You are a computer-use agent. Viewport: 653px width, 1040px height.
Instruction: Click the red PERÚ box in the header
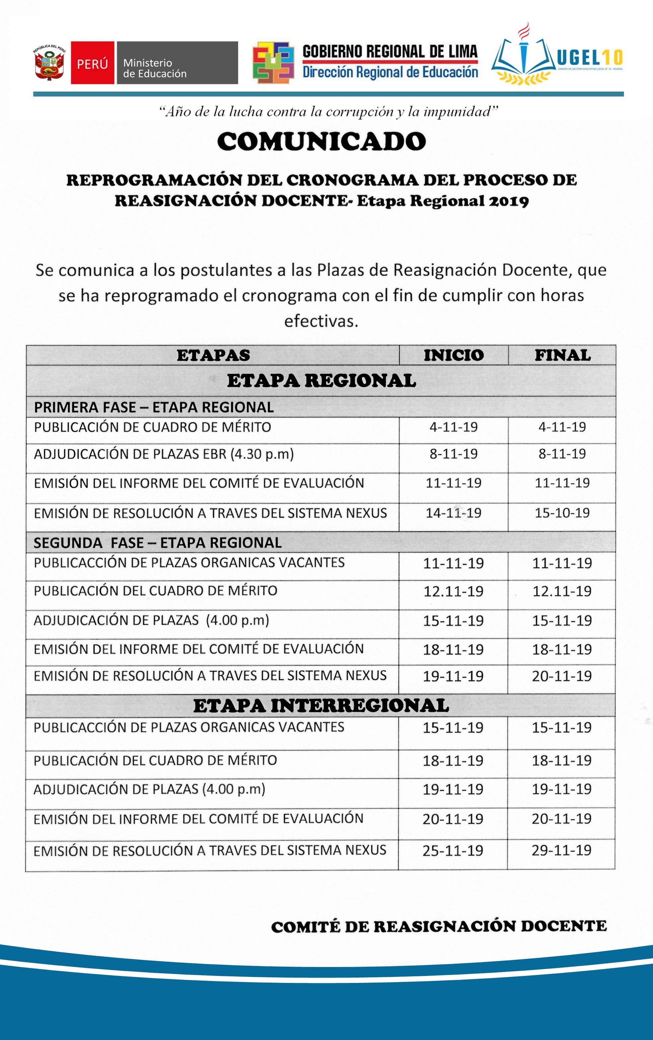coord(92,63)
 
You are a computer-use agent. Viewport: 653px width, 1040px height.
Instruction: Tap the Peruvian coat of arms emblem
coord(49,63)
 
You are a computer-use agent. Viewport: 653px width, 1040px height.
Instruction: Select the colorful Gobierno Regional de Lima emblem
coord(273,63)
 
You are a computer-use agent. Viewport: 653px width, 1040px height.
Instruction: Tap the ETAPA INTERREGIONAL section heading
coord(321,706)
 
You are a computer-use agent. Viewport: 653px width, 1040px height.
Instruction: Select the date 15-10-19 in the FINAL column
coord(562,513)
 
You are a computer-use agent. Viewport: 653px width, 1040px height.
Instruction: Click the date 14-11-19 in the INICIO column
coord(453,513)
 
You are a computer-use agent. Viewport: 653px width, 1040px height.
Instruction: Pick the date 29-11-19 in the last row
coord(561,850)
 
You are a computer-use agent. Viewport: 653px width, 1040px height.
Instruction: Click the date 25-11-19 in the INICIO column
coord(452,851)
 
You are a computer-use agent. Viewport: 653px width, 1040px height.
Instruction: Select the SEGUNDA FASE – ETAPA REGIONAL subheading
coord(158,543)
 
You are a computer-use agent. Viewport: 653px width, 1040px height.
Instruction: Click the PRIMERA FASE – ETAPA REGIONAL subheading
coord(154,407)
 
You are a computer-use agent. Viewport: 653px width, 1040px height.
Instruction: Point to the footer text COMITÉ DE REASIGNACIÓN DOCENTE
coord(439,926)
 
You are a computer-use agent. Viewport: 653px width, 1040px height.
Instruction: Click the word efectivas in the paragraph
coord(321,321)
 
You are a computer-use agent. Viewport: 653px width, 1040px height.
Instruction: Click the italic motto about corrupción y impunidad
coord(328,112)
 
